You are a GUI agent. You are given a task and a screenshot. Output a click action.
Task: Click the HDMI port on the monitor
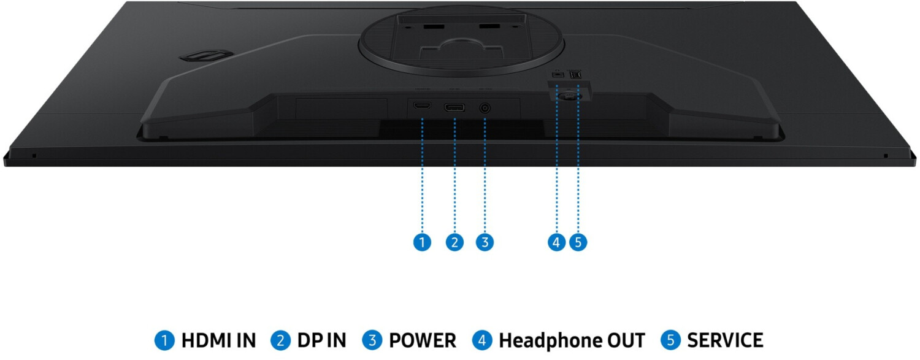421,107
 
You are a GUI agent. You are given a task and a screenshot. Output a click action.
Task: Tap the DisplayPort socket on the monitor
454,108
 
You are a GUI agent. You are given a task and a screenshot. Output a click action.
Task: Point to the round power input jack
485,108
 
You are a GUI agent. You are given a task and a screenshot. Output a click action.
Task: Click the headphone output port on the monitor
557,73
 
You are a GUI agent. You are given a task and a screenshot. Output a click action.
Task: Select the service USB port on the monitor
577,73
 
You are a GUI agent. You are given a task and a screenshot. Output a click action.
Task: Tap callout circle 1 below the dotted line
421,242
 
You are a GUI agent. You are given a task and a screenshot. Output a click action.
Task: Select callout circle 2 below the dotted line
454,242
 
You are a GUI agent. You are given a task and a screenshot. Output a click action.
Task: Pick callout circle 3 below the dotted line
485,242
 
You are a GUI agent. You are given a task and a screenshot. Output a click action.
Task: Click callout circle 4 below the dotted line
556,242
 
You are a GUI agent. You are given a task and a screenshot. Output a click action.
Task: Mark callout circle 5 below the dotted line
578,242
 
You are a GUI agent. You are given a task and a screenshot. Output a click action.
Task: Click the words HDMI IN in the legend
218,340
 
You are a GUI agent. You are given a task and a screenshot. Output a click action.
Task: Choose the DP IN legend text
322,340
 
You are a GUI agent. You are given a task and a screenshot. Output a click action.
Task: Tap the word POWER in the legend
423,340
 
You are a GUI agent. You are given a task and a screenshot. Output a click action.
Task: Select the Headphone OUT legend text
572,340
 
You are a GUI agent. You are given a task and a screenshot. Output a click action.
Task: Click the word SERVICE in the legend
725,340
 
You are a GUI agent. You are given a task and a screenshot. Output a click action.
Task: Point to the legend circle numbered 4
482,340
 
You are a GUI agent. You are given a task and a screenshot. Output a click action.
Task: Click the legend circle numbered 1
164,340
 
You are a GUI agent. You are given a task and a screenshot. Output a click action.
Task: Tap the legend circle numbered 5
671,340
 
